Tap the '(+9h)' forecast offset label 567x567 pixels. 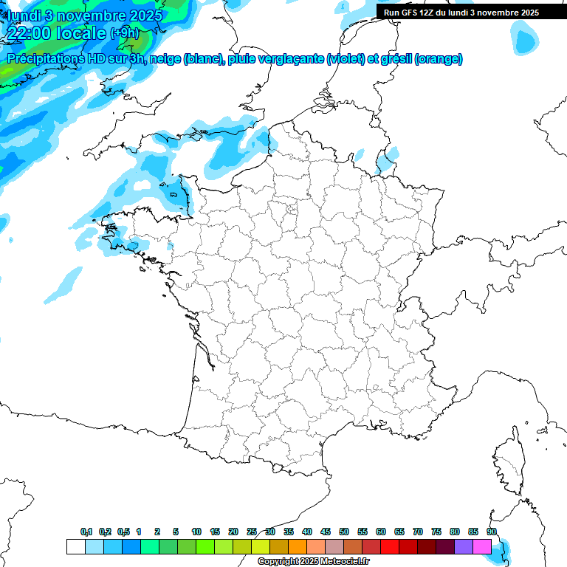[x=124, y=32]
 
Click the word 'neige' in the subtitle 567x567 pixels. [x=165, y=59]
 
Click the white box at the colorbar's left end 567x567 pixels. [x=75, y=546]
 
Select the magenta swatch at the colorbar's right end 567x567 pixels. [x=482, y=546]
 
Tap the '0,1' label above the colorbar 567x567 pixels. [x=86, y=532]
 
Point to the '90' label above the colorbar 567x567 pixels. [x=492, y=532]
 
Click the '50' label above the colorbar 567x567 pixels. [x=344, y=532]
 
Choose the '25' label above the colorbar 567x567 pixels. [x=252, y=532]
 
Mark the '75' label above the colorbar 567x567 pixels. [x=436, y=532]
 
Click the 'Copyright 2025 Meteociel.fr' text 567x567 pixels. [x=313, y=561]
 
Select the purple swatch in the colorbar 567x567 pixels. [x=464, y=546]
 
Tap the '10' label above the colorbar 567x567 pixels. [x=196, y=532]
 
